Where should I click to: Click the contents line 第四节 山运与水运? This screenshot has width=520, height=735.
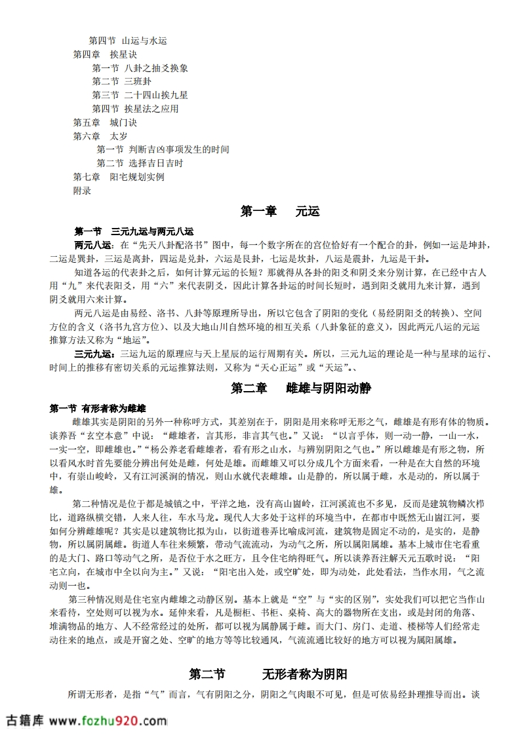pos(128,41)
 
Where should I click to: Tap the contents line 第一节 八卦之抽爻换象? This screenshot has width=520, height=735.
pos(140,68)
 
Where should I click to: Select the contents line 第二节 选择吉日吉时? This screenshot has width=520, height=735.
pos(140,163)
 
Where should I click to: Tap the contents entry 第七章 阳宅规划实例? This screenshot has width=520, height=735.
pos(119,177)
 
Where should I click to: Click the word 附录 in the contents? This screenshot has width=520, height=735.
pos(82,191)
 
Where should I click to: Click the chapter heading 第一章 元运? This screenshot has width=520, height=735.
pos(280,211)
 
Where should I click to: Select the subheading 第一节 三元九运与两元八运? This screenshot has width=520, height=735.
pos(134,231)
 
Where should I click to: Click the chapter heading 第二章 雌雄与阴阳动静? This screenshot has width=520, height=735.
pos(301,388)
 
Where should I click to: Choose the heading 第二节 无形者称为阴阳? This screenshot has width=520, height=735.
pos(268,674)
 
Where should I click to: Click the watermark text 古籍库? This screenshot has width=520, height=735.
pos(24,721)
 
